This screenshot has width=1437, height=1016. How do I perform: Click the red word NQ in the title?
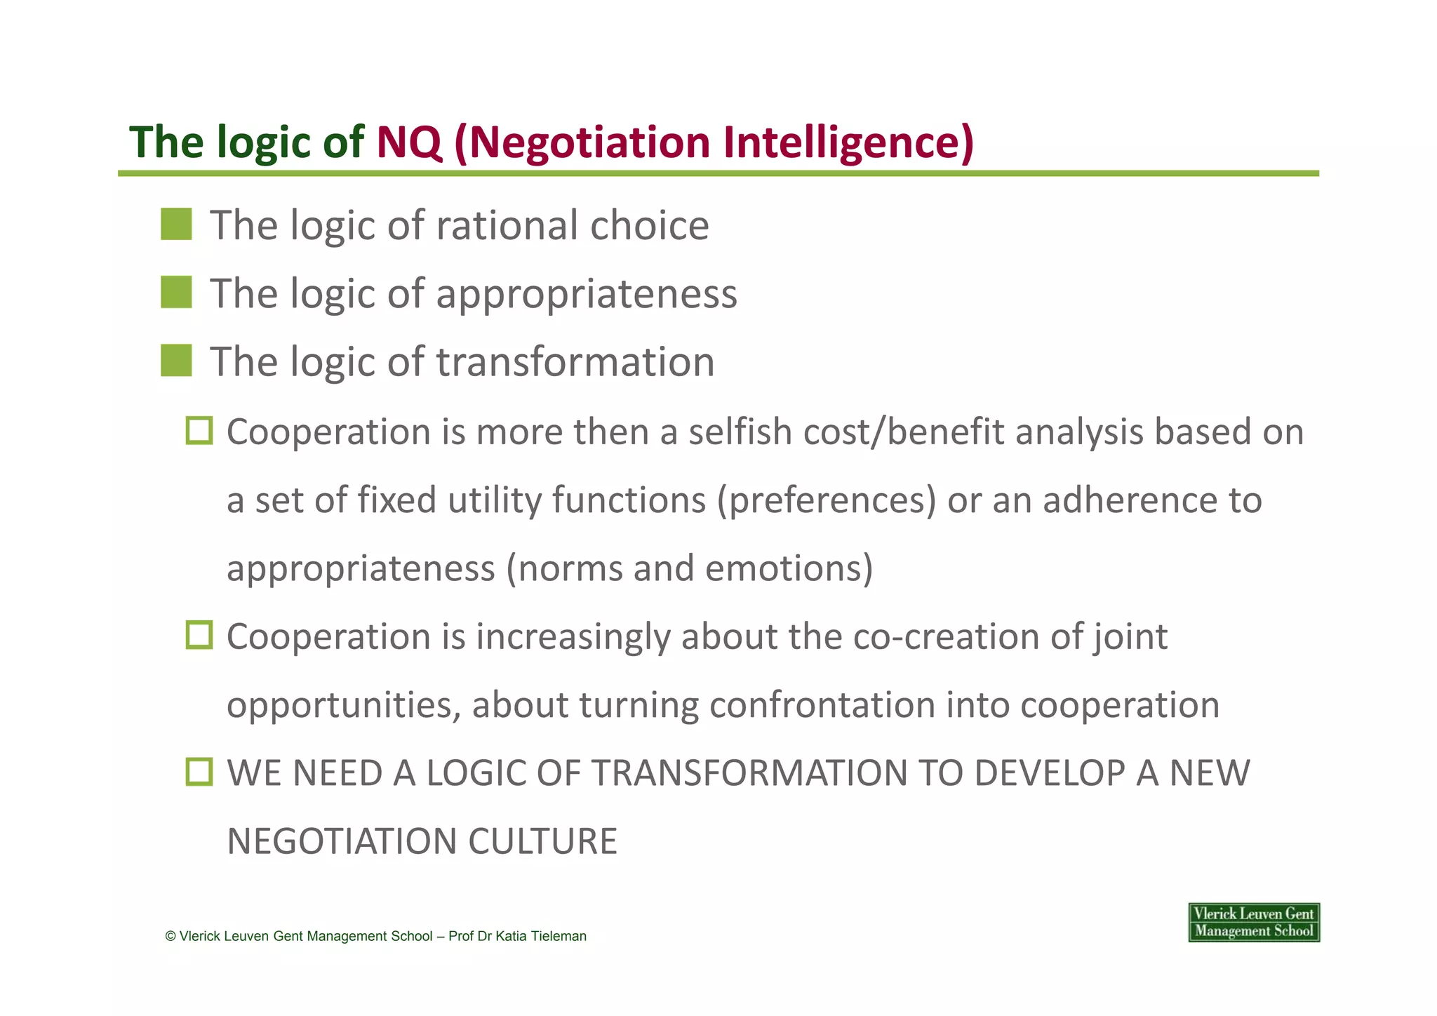click(409, 142)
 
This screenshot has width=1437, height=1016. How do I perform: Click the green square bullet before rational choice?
click(176, 225)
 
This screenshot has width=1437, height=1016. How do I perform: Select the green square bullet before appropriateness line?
click(176, 293)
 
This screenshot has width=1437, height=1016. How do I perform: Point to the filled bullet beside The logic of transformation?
click(176, 361)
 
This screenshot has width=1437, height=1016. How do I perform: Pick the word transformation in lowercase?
click(575, 362)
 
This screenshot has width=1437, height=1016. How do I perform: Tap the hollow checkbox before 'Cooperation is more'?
click(199, 430)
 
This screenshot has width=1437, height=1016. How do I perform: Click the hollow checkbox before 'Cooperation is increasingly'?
click(199, 635)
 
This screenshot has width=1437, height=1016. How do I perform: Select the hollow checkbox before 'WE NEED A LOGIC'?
click(199, 772)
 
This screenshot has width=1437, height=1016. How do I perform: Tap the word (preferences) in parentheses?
click(826, 500)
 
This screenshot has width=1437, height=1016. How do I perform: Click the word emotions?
click(789, 568)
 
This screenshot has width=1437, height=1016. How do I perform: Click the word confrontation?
click(822, 704)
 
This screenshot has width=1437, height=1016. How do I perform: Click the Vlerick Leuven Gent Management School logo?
click(1253, 922)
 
